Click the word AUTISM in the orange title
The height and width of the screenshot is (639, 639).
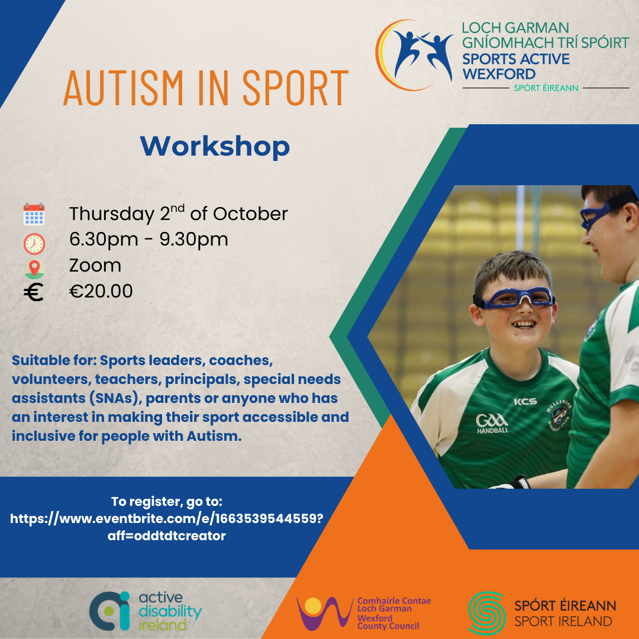coord(124,88)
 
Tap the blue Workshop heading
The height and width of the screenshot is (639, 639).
coord(215,147)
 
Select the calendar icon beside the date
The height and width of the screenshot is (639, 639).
coord(34,214)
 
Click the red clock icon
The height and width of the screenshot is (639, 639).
coord(34,244)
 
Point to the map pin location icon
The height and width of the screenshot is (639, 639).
coord(34,269)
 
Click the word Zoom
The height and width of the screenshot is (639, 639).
coord(95,265)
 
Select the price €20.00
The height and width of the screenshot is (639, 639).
coord(101,291)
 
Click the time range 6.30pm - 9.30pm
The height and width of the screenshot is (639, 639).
coord(149,240)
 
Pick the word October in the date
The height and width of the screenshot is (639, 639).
coord(250,214)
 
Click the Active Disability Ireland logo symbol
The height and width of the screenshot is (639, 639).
coord(109,611)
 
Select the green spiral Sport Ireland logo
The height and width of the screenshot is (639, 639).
coord(486,613)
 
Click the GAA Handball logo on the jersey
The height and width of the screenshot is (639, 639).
coord(492,424)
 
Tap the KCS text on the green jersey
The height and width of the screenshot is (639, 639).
coord(525,401)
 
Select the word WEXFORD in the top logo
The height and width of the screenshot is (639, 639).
coord(499,74)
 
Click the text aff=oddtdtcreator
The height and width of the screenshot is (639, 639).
coord(166,535)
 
